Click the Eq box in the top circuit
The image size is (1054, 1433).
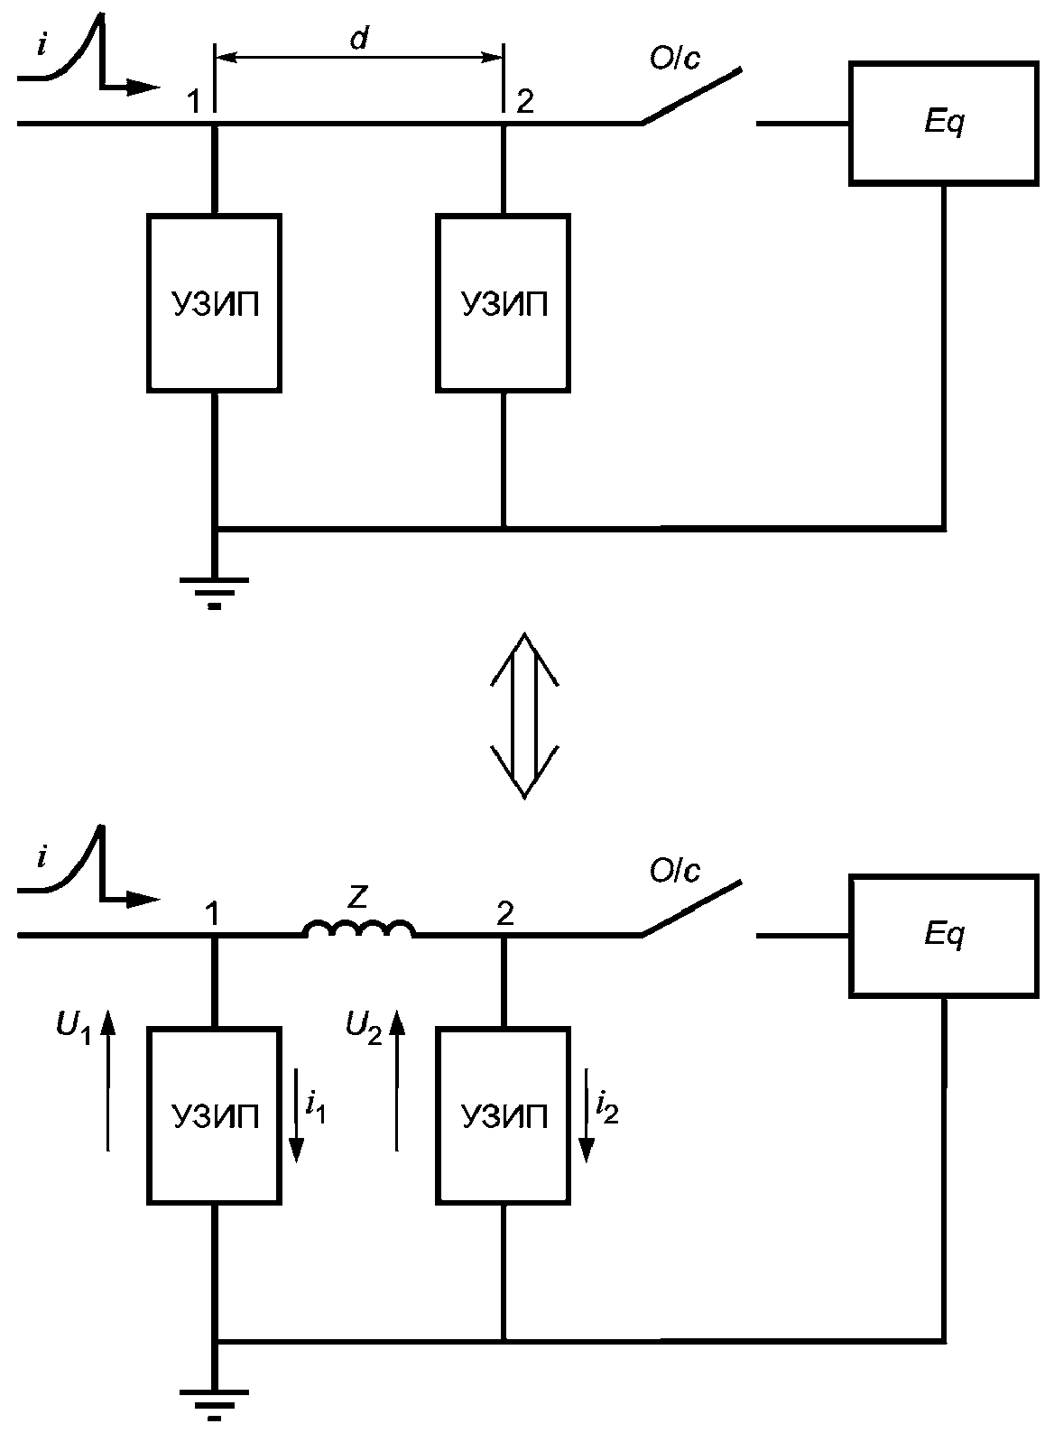943,125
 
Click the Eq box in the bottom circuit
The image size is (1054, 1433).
943,936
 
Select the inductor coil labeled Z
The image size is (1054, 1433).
360,929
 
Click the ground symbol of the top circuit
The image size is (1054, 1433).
214,592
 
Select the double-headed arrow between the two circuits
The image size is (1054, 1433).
524,716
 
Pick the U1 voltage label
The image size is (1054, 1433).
74,1028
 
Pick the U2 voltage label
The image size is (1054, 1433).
364,1028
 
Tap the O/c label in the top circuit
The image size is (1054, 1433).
675,59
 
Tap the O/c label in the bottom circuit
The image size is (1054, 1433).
675,871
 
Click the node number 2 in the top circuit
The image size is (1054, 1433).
525,101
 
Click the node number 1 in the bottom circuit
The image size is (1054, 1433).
212,913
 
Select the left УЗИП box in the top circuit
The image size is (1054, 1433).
214,303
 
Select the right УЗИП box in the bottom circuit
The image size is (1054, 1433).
504,1115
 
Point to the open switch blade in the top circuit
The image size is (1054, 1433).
692,96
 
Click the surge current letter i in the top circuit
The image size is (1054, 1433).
42,46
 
